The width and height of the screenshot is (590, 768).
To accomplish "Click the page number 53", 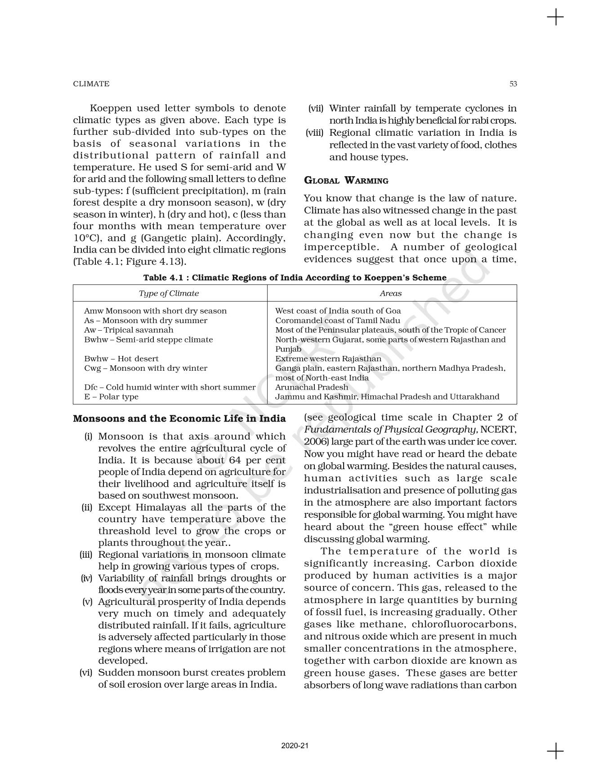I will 513,84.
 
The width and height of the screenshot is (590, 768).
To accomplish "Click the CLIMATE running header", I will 91,84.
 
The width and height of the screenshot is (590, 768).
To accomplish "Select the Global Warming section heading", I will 346,181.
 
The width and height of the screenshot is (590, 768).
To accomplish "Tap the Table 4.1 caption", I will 295,278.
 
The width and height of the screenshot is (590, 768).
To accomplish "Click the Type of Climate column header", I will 169,293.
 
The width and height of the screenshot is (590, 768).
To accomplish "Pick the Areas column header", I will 390,293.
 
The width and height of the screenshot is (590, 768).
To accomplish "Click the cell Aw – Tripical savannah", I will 129,330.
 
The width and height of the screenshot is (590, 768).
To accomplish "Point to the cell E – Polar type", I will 111,397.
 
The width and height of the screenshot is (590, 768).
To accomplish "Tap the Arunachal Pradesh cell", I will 312,387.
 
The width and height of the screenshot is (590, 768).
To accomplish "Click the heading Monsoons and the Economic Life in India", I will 179,419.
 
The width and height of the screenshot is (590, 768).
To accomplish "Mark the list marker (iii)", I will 86,555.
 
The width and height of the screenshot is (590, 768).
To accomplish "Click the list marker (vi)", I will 86,673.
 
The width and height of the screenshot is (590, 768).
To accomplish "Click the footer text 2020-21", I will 295,746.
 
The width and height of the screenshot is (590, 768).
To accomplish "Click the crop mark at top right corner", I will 555,18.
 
